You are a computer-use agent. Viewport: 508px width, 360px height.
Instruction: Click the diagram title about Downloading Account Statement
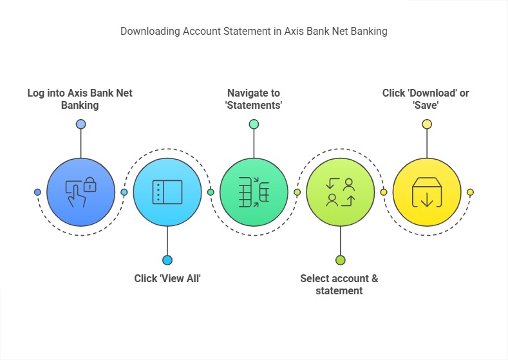[254, 32]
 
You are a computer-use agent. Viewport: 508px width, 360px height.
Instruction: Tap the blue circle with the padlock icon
[80, 192]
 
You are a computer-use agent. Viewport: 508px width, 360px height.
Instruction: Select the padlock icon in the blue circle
[89, 184]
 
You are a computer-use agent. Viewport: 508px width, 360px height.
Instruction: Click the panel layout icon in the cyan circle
[167, 192]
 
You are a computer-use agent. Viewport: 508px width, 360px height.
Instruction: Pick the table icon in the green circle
[254, 192]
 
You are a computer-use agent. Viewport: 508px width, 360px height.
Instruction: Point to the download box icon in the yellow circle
[427, 192]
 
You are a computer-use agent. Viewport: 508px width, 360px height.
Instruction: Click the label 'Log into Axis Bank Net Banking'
[80, 99]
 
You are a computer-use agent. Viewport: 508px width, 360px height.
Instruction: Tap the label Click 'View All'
[167, 278]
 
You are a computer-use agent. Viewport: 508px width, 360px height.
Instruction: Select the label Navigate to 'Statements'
[254, 99]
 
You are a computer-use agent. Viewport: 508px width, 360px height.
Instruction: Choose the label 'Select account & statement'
[339, 285]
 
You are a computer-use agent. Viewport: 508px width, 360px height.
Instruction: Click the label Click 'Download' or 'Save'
[426, 99]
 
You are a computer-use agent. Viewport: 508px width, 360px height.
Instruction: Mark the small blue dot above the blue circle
[80, 124]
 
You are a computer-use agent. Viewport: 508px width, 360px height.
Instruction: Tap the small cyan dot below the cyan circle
[167, 260]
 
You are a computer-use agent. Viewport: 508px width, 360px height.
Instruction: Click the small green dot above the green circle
[254, 124]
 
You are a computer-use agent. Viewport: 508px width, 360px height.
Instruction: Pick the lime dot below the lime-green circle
[340, 260]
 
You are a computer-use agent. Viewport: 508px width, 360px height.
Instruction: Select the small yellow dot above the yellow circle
[427, 124]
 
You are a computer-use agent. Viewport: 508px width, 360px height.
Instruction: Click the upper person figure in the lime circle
[349, 184]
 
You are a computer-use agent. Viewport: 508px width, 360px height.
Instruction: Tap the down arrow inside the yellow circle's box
[427, 200]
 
